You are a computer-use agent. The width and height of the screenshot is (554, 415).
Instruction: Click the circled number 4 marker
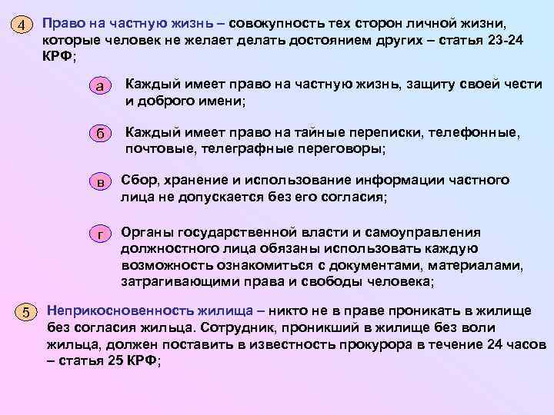coord(23,25)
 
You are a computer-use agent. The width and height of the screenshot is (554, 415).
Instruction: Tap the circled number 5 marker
coord(26,312)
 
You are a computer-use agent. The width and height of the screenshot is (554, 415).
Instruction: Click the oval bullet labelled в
coord(101,182)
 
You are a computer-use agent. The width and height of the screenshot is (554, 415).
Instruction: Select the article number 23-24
coord(505,40)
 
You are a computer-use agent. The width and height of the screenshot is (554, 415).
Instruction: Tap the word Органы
coord(147,232)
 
